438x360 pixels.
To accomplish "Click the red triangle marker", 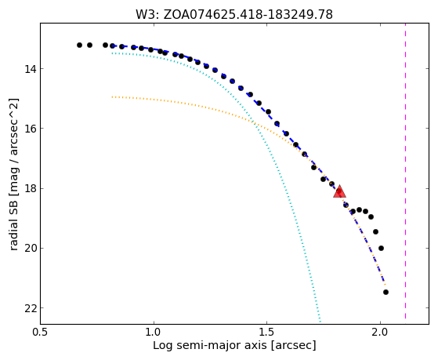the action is [339, 191].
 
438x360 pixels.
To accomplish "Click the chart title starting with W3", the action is [234, 15].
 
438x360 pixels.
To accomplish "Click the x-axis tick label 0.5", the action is [41, 332].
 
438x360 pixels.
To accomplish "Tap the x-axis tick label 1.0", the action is [154, 332].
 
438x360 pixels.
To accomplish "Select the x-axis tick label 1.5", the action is [266, 332].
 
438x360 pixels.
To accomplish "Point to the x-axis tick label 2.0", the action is [380, 332].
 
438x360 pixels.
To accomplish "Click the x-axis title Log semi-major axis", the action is [234, 346].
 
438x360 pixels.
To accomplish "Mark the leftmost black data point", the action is [79, 45].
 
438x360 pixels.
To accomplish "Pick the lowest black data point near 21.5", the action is [386, 292].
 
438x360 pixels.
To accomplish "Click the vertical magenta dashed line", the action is [405, 171].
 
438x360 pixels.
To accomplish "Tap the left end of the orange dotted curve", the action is [112, 96].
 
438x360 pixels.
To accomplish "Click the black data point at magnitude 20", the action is [381, 248].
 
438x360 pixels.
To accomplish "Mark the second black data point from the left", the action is [89, 45].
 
